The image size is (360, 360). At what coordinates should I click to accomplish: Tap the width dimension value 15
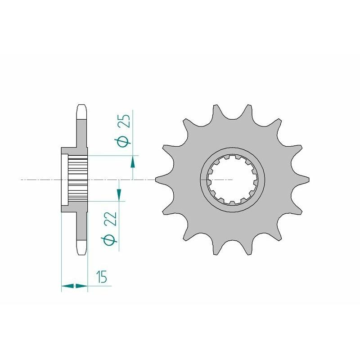click(102, 277)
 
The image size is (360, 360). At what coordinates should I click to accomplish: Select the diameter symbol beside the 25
click(126, 142)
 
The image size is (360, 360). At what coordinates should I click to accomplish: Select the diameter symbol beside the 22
click(112, 240)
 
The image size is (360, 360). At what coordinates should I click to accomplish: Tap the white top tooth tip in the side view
click(81, 112)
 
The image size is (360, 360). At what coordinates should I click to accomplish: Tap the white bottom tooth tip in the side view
click(81, 247)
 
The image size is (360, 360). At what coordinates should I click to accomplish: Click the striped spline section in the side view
click(77, 180)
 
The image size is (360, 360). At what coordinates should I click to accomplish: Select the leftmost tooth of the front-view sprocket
click(159, 179)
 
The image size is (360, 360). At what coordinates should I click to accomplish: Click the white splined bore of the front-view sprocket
click(232, 179)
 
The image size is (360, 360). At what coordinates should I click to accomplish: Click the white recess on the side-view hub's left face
click(64, 180)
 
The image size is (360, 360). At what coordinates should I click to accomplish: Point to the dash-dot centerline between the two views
click(144, 180)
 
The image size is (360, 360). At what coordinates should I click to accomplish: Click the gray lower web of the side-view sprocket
click(81, 225)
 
